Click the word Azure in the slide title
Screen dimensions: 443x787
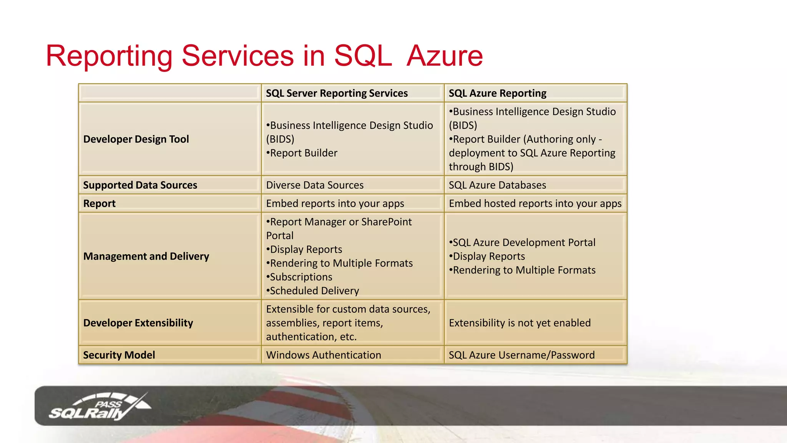445,56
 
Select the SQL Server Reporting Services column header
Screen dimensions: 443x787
337,93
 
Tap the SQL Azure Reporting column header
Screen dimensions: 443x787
497,93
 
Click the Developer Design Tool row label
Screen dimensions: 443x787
136,139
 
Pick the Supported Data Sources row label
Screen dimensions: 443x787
140,185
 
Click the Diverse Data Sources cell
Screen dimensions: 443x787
314,185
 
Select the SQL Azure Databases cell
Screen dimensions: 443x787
497,185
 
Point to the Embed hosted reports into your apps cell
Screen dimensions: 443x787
535,203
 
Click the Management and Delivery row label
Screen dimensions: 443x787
146,256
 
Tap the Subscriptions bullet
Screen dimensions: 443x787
300,277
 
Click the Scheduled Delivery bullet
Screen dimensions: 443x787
313,291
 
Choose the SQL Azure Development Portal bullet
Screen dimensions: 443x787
523,243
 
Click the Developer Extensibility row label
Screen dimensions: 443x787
138,323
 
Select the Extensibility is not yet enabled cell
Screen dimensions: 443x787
520,323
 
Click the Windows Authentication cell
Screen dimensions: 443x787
323,355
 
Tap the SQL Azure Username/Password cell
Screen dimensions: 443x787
521,355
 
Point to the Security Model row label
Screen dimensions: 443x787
119,355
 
